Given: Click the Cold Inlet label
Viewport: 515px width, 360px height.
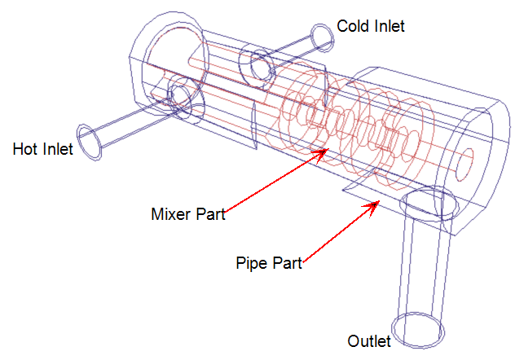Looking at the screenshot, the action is point(371,26).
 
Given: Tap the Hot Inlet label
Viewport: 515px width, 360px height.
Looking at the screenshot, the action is point(42,149).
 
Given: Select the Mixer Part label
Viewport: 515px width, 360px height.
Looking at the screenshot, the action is point(188,214).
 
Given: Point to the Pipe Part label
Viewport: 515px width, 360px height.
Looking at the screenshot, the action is point(269,263).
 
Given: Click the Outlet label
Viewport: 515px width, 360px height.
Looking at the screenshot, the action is point(369,341).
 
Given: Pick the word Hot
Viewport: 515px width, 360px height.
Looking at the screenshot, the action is point(25,149).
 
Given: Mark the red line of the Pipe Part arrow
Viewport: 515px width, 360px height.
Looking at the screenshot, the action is point(341,233).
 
